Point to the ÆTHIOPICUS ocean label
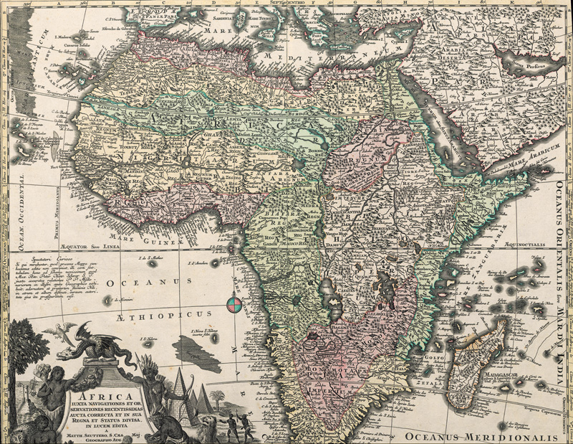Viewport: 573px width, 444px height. click(x=162, y=313)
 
